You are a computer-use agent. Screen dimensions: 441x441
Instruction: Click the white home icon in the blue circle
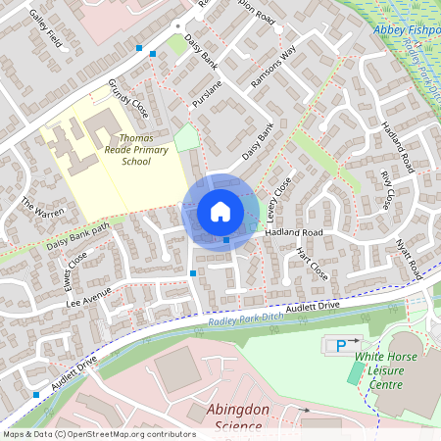click(220, 211)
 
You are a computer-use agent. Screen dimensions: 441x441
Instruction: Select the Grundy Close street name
click(126, 97)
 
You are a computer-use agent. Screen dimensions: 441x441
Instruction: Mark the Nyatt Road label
click(408, 254)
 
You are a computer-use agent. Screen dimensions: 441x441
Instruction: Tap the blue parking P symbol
click(341, 345)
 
